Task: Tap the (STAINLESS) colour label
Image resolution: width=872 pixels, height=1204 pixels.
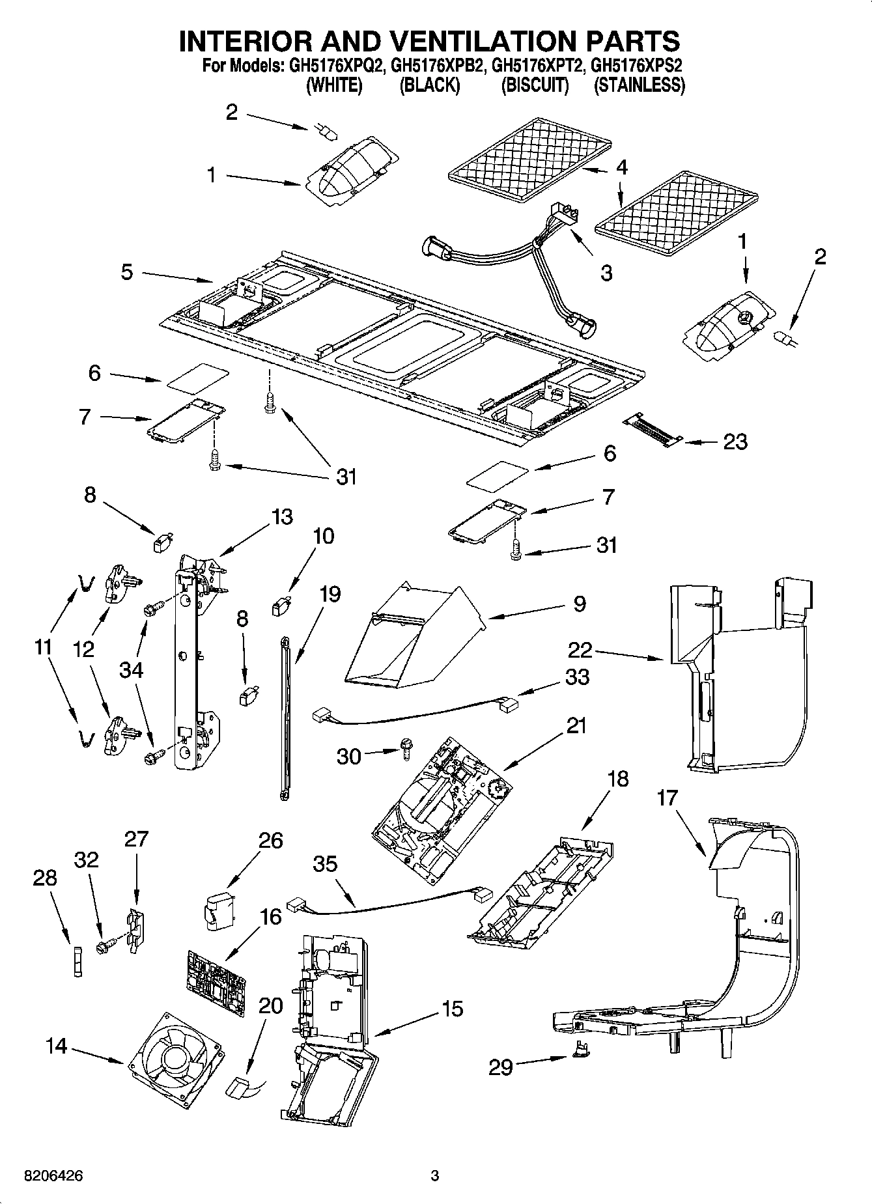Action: [639, 85]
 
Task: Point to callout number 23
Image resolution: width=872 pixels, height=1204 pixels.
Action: [735, 442]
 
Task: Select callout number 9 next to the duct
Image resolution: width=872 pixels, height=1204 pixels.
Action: [580, 604]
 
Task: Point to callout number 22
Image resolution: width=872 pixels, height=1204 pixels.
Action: [580, 649]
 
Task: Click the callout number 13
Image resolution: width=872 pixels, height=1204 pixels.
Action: [282, 517]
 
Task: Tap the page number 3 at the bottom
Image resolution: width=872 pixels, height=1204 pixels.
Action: [435, 1176]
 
